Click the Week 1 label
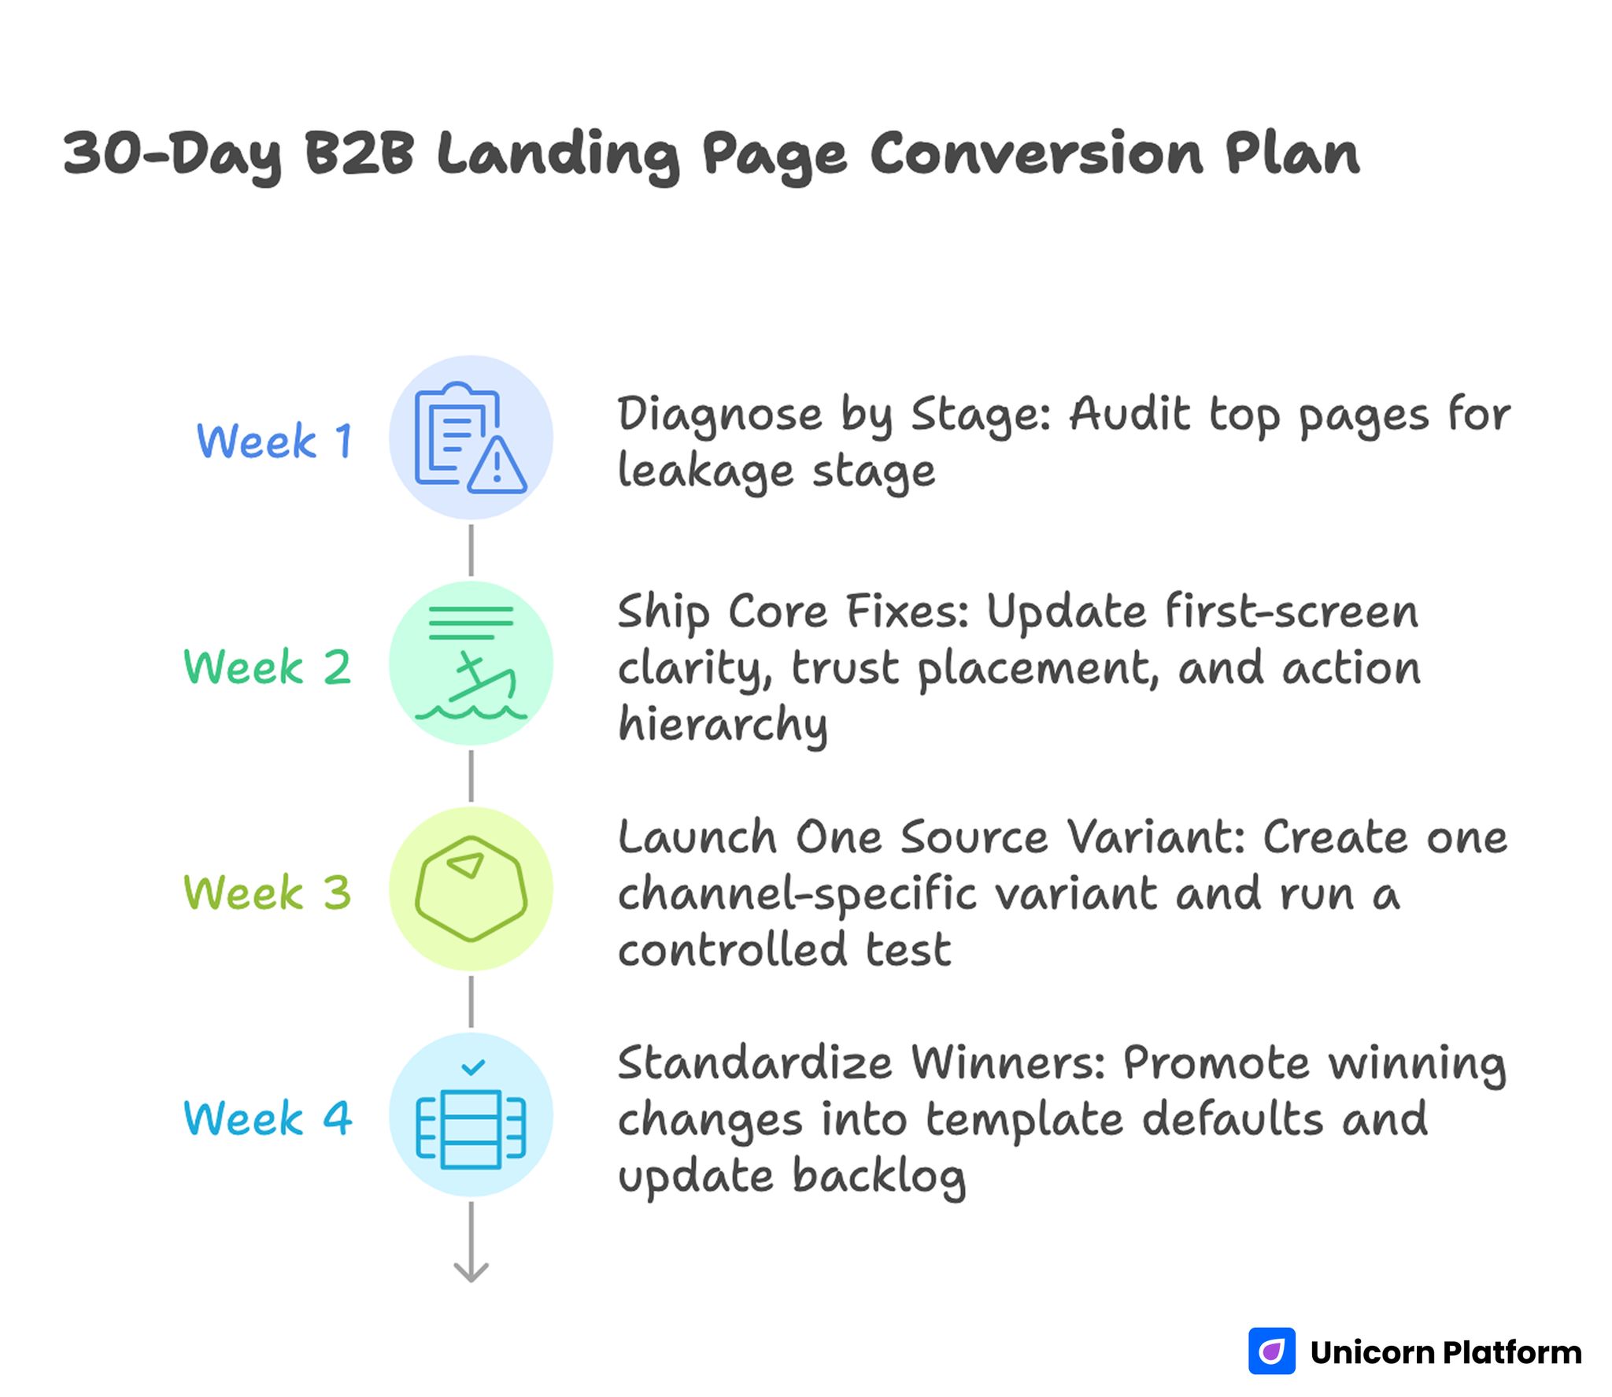(274, 441)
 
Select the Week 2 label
(267, 667)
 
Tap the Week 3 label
(267, 893)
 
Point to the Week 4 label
(267, 1118)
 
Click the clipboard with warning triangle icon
(471, 438)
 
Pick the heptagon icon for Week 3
(471, 889)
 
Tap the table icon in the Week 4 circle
(471, 1129)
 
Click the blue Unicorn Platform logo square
(1271, 1351)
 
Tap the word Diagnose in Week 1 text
(719, 415)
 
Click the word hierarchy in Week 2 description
(723, 725)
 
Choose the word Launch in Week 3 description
(697, 837)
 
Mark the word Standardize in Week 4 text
(754, 1063)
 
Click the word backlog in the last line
(878, 1177)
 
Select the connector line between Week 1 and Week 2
(471, 550)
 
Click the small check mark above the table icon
(473, 1067)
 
